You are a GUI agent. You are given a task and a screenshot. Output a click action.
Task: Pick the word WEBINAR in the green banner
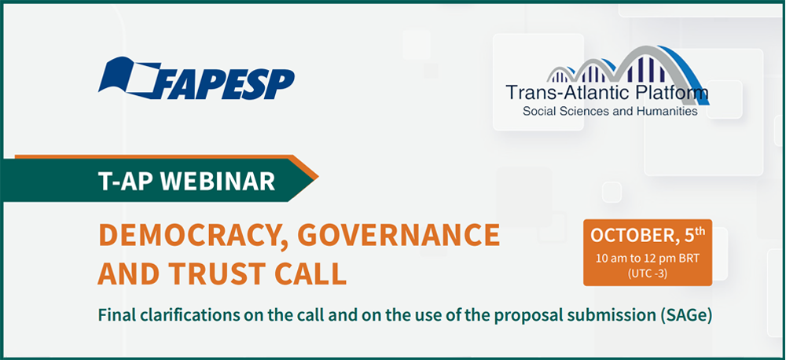click(x=218, y=182)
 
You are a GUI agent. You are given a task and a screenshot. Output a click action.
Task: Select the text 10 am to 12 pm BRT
click(x=647, y=259)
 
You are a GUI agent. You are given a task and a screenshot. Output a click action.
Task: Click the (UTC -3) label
click(x=647, y=274)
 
